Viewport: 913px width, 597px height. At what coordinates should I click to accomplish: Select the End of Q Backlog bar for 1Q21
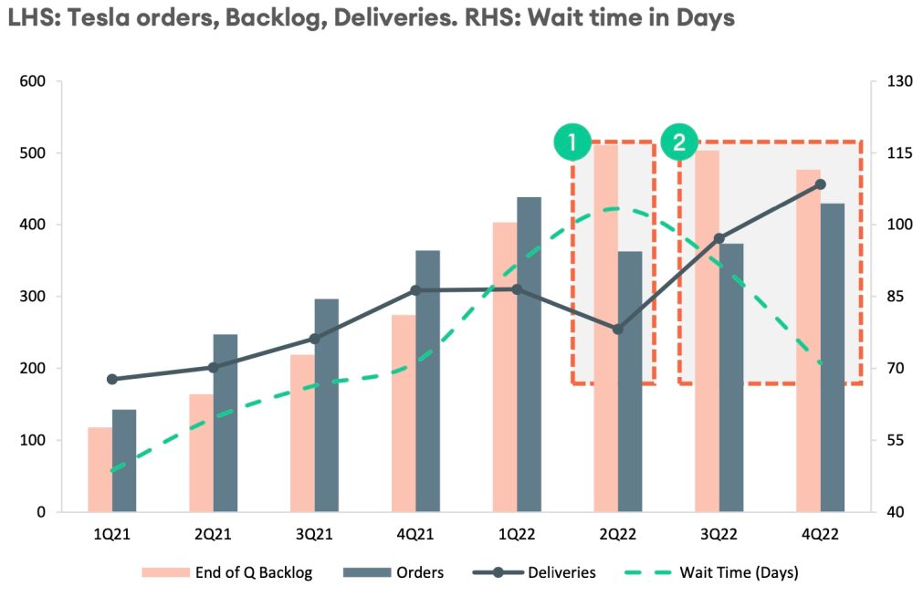tap(100, 469)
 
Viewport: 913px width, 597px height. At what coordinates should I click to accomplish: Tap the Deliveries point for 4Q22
tap(820, 184)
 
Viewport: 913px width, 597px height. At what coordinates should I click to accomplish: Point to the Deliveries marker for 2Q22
tap(618, 329)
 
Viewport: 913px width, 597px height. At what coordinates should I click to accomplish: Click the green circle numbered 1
tap(572, 142)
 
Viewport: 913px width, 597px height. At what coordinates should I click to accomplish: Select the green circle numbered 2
tap(679, 142)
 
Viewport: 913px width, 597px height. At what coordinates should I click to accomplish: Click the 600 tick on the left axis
tap(33, 81)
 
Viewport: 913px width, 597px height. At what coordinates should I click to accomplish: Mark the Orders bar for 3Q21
tap(326, 405)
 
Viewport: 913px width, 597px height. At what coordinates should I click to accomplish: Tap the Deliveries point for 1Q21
tap(112, 379)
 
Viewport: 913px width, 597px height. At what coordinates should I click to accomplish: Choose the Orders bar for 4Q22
tap(832, 357)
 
